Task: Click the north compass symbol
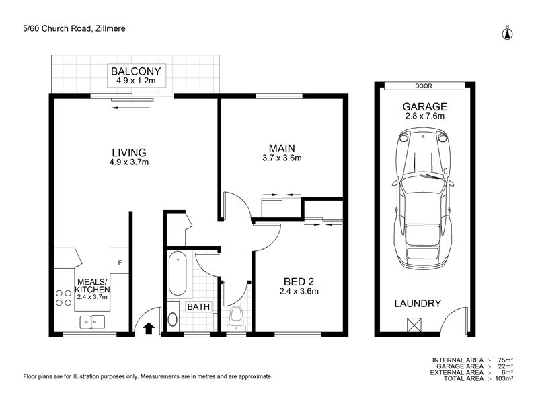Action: click(x=508, y=32)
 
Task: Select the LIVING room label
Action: click(x=128, y=152)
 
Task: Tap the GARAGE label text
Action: click(x=424, y=106)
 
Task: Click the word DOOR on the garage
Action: click(x=424, y=86)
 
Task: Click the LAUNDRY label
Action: click(x=417, y=304)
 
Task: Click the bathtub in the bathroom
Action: click(x=178, y=273)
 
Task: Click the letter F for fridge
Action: click(x=120, y=263)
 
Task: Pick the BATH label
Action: click(x=198, y=307)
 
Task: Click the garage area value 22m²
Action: click(x=506, y=366)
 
